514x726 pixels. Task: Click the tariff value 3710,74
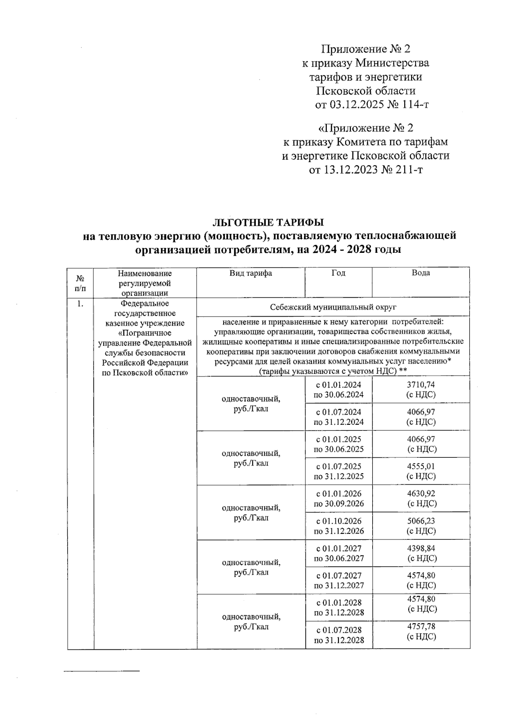point(421,385)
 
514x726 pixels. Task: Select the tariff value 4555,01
point(421,466)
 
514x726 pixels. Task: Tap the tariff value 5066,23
point(421,521)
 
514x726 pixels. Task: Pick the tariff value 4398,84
point(421,548)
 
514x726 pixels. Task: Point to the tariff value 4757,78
point(421,626)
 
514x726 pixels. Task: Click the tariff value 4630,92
point(421,493)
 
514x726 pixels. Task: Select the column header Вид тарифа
point(251,273)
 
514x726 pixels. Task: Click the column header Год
point(338,273)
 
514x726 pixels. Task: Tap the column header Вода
point(421,273)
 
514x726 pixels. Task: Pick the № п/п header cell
point(80,283)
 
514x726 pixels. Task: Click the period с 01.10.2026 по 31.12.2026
point(339,526)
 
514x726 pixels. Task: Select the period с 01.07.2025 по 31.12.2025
point(339,471)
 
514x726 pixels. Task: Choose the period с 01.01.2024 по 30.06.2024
point(339,389)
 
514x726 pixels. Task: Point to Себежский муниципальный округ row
point(333,307)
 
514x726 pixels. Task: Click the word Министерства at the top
point(392,63)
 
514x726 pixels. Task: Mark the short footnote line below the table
point(102,670)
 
